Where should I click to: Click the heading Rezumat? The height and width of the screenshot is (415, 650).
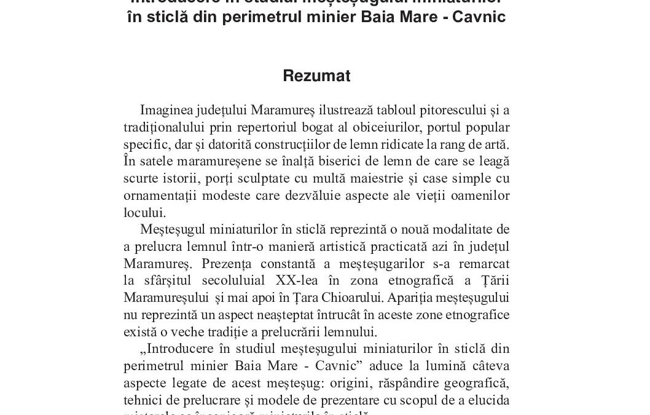pos(316,76)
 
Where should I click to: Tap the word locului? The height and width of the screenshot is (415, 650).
pos(144,213)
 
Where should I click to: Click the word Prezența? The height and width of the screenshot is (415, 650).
pos(223,264)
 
